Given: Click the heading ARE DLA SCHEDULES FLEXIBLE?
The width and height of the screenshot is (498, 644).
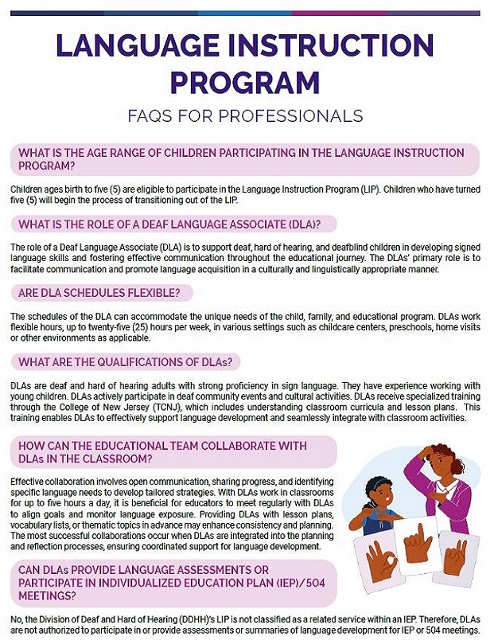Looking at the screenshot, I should (99, 293).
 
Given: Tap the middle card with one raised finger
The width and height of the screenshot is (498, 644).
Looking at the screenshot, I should (416, 545).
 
